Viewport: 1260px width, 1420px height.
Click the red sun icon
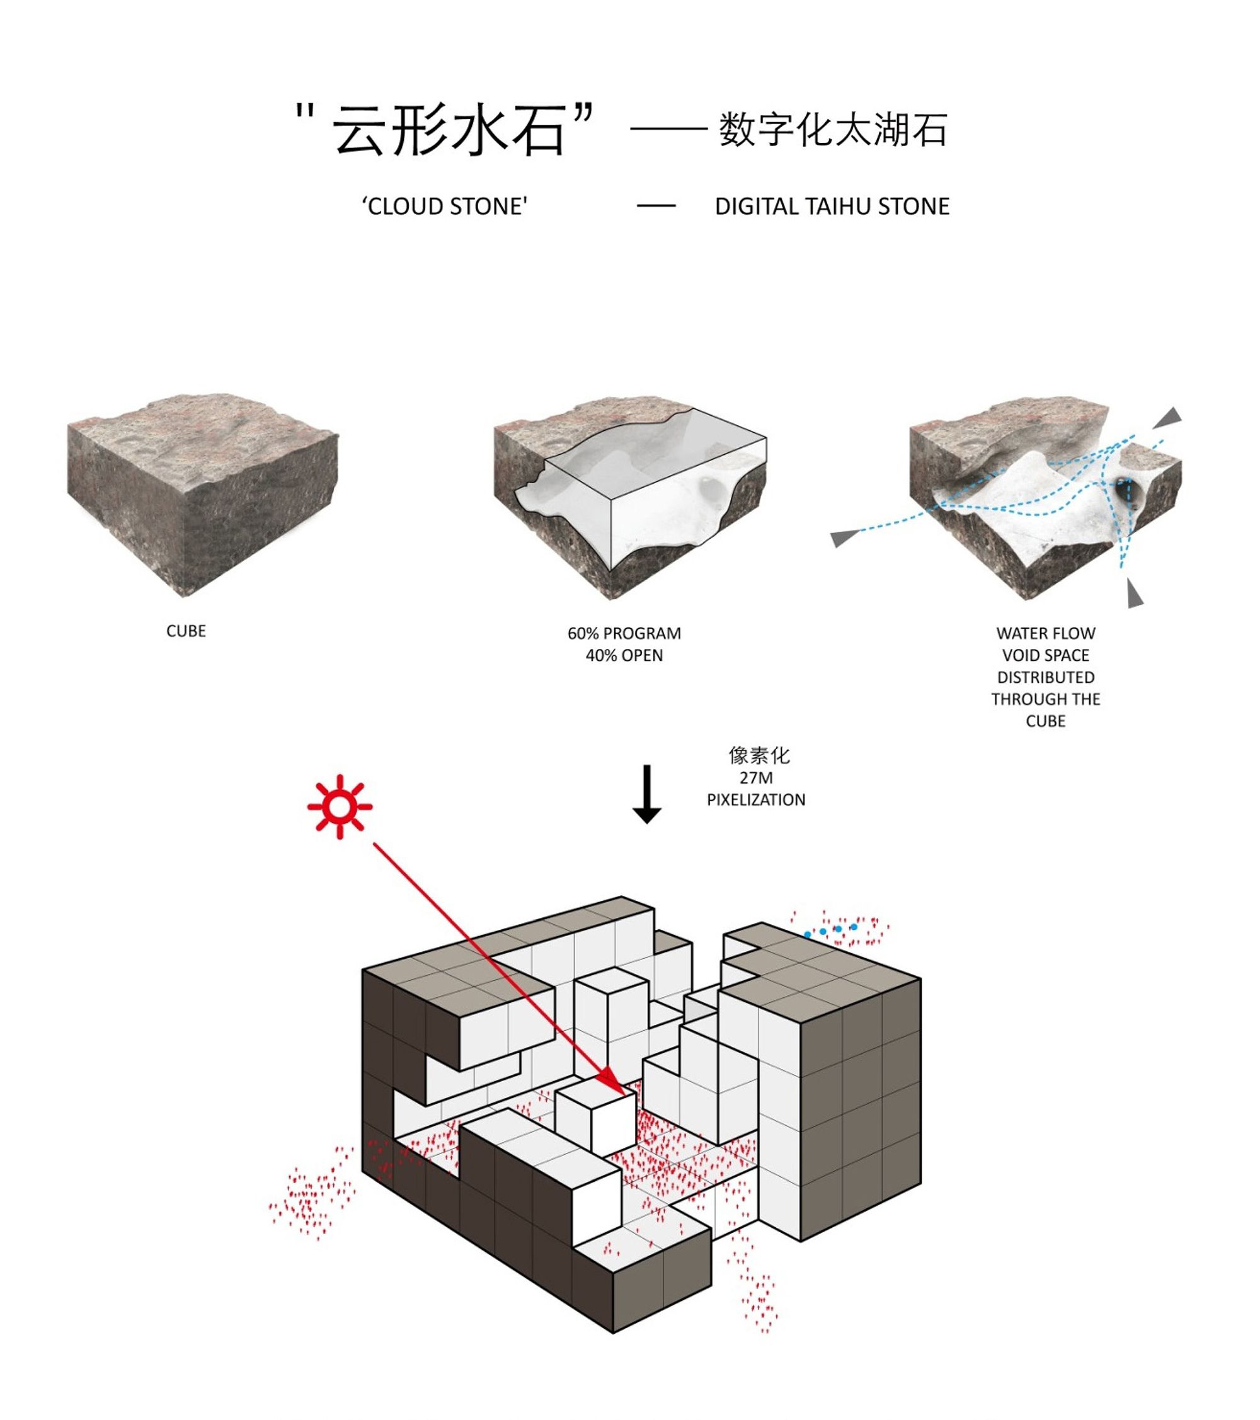pyautogui.click(x=340, y=806)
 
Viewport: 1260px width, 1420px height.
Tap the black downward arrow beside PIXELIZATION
pyautogui.click(x=646, y=794)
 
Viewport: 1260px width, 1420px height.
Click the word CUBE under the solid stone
pyautogui.click(x=186, y=631)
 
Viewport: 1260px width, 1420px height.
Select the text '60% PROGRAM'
pyautogui.click(x=624, y=634)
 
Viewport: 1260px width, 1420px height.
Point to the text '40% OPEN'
pyautogui.click(x=624, y=655)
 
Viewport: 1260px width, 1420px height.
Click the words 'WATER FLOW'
pyautogui.click(x=1045, y=634)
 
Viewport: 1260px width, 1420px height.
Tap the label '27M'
pyautogui.click(x=756, y=777)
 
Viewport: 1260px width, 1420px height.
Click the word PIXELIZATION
pyautogui.click(x=756, y=799)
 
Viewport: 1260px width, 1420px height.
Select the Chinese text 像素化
pyautogui.click(x=759, y=755)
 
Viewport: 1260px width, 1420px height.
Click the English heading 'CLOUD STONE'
pyautogui.click(x=445, y=207)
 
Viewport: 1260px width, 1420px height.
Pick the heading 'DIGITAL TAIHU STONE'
pyautogui.click(x=832, y=207)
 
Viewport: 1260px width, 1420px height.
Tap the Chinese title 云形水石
pyautogui.click(x=448, y=130)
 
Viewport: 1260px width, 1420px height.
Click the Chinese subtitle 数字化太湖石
pyautogui.click(x=833, y=130)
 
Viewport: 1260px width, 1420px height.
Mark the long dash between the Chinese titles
pyautogui.click(x=668, y=129)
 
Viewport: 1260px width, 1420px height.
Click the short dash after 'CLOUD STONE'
pyautogui.click(x=656, y=205)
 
